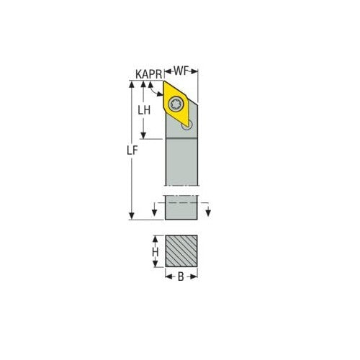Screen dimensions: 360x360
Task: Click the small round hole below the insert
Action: pos(189,125)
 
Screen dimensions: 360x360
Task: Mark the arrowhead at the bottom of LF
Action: pos(132,217)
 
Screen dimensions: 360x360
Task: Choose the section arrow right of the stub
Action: pos(207,212)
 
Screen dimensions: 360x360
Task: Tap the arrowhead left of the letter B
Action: pos(168,276)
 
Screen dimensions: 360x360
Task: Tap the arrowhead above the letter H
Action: pos(155,238)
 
